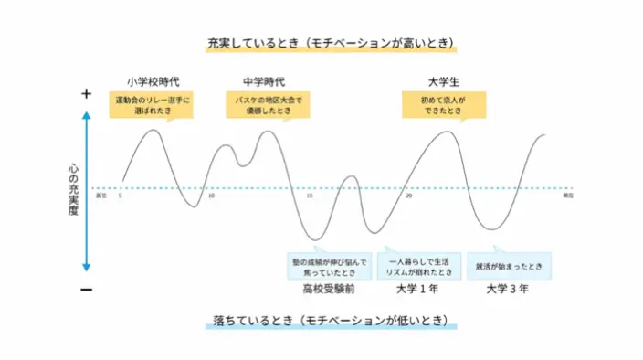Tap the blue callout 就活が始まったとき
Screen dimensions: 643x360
coord(509,267)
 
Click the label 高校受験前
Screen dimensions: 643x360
coord(329,290)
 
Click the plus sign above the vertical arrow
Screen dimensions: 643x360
coord(87,94)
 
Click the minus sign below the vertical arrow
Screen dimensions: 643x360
coord(87,289)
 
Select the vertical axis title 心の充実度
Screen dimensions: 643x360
coord(74,190)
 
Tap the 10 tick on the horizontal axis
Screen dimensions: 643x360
coord(212,196)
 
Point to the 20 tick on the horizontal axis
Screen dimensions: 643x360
coord(408,196)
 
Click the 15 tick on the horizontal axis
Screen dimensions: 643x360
coord(310,196)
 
